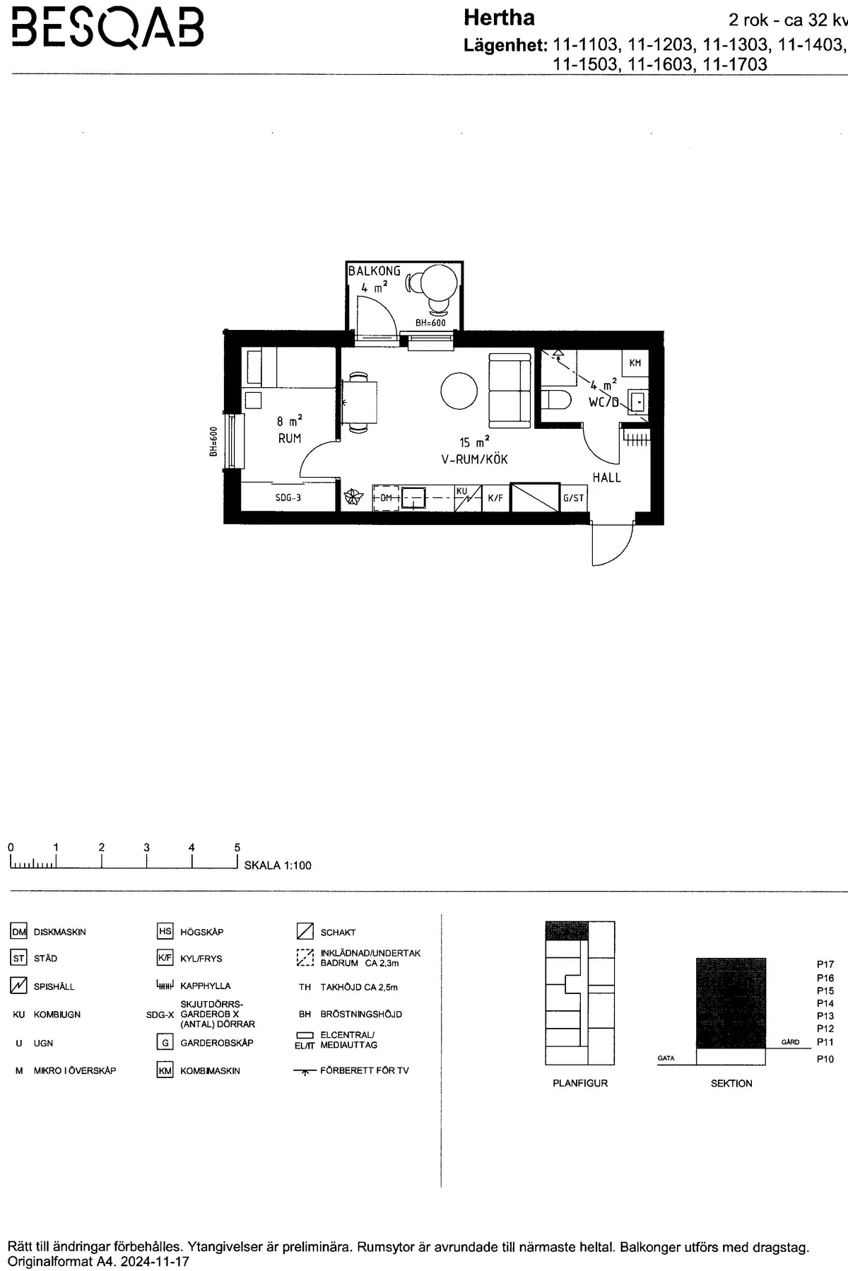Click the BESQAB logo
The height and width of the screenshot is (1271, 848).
coord(108,29)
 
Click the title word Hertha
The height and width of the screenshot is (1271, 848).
coord(499,18)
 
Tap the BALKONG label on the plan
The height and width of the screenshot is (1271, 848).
coord(374,271)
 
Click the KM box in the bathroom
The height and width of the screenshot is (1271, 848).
coord(635,362)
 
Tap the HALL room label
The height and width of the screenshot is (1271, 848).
coord(606,478)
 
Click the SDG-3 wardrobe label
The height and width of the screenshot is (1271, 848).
coord(288,497)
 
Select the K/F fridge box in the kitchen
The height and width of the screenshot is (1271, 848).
coord(495,497)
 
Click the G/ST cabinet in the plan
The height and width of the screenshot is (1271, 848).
coord(573,497)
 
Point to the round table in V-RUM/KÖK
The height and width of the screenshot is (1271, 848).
coord(460,391)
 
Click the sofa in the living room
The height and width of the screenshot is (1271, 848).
coord(510,390)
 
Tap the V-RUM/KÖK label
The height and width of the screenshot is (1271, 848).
coord(474,459)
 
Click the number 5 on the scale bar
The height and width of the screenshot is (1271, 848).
coord(237,848)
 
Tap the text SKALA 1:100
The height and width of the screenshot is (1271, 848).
coord(278,865)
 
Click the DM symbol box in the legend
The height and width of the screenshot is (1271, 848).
coord(18,932)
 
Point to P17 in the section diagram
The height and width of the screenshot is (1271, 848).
coord(825,964)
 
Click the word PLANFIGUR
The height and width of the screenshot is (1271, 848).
coord(580,1083)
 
